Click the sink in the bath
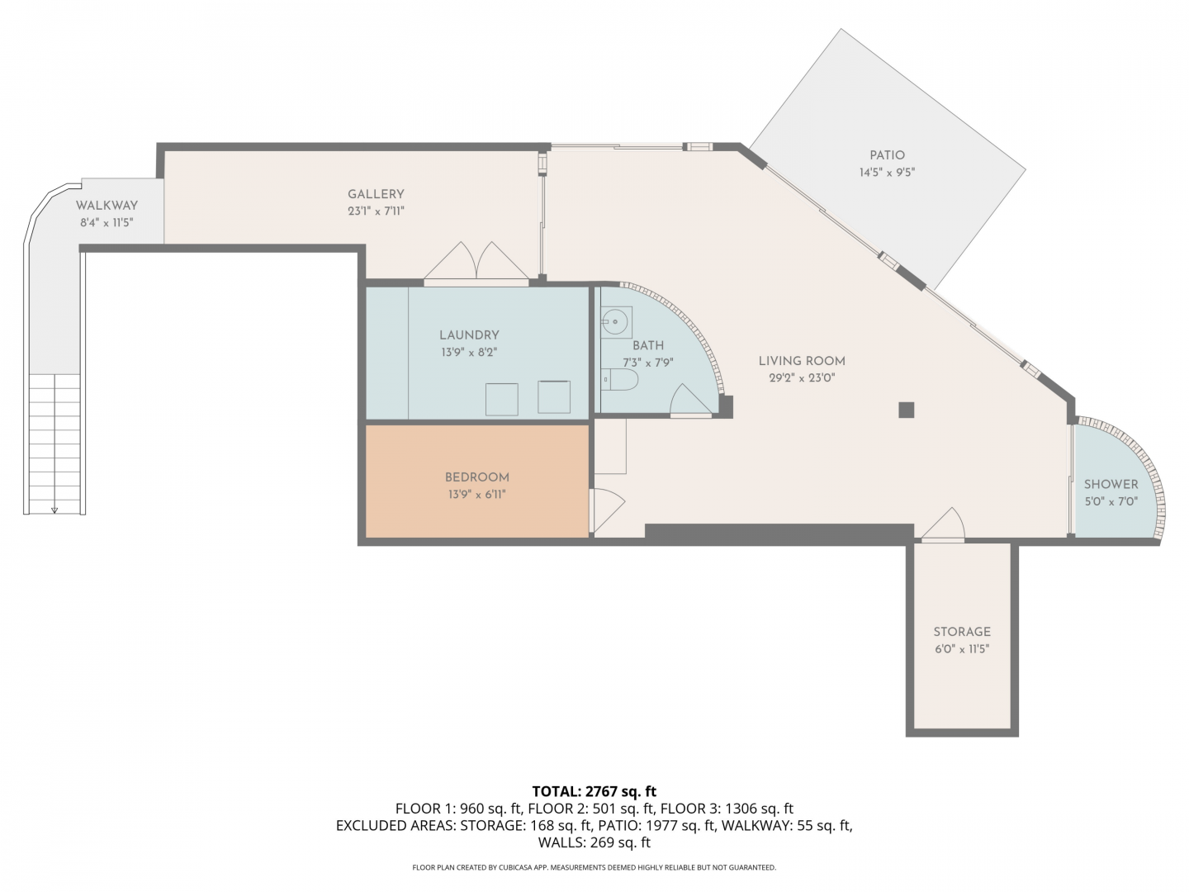click(616, 322)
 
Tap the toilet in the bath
click(619, 379)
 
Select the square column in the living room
click(907, 410)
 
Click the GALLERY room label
click(376, 194)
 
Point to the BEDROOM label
click(476, 477)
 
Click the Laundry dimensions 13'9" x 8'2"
click(469, 352)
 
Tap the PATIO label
click(887, 155)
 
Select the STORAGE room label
click(961, 632)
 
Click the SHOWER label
click(1111, 484)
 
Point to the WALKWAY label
click(107, 206)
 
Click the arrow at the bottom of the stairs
click(54, 510)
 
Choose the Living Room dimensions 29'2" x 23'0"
click(802, 378)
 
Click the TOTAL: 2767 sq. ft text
click(594, 791)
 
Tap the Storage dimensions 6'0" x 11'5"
click(961, 649)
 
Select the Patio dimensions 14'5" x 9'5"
click(887, 173)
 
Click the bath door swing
click(690, 400)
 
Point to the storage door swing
click(943, 523)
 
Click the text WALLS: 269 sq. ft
click(594, 842)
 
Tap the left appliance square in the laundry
click(501, 399)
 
